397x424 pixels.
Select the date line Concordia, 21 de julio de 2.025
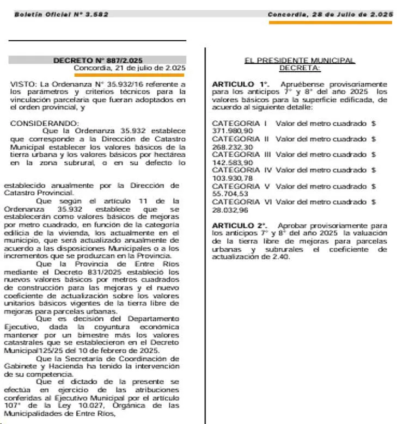[x=130, y=68]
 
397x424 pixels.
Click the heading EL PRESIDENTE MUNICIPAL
[x=300, y=60]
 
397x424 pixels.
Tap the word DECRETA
[x=300, y=68]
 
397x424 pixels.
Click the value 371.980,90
[x=232, y=131]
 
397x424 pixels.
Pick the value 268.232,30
[x=232, y=147]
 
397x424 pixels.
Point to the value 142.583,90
[x=232, y=163]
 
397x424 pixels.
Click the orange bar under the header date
[x=330, y=23]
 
